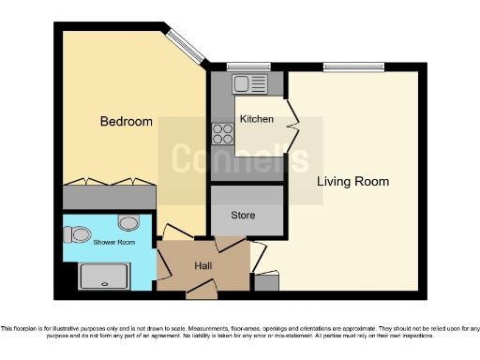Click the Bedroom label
[x=126, y=121]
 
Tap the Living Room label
[x=352, y=181]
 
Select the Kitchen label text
[x=256, y=119]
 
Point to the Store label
[x=243, y=216]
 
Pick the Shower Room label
[x=112, y=242]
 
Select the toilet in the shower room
[x=80, y=232]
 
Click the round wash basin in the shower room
[x=129, y=222]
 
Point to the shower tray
[x=102, y=276]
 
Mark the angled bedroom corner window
[x=186, y=49]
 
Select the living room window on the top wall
[x=353, y=67]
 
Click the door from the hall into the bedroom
[x=175, y=232]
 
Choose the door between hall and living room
[x=253, y=259]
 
